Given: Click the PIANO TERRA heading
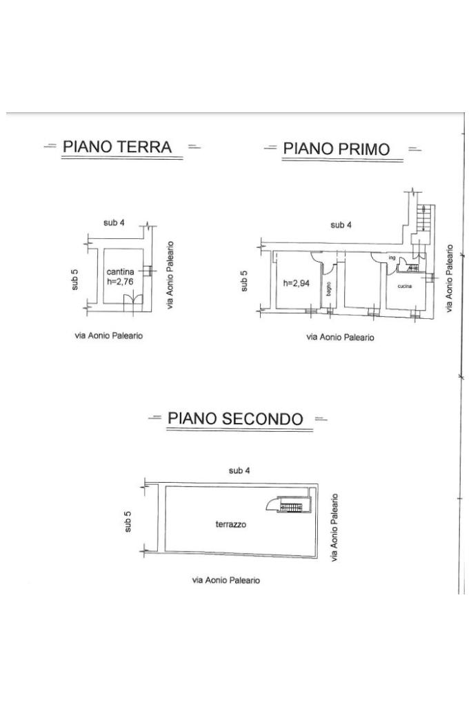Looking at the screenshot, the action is click(117, 146).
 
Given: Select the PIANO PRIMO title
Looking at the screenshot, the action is click(337, 148).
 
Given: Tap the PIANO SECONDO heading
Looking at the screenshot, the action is click(235, 418).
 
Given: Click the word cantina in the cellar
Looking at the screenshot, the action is click(119, 271).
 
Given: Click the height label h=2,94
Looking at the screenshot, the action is click(294, 282).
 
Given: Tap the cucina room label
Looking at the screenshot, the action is click(405, 285).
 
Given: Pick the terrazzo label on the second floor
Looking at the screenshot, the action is click(231, 524).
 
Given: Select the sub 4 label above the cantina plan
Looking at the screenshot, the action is click(114, 222).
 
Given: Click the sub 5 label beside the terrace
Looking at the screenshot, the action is click(128, 521).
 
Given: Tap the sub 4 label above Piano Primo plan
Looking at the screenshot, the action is click(341, 225).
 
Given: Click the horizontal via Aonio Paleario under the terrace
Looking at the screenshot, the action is click(226, 580).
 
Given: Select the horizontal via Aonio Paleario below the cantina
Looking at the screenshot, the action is click(109, 336).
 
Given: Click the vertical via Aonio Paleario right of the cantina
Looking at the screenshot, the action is click(170, 275).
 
